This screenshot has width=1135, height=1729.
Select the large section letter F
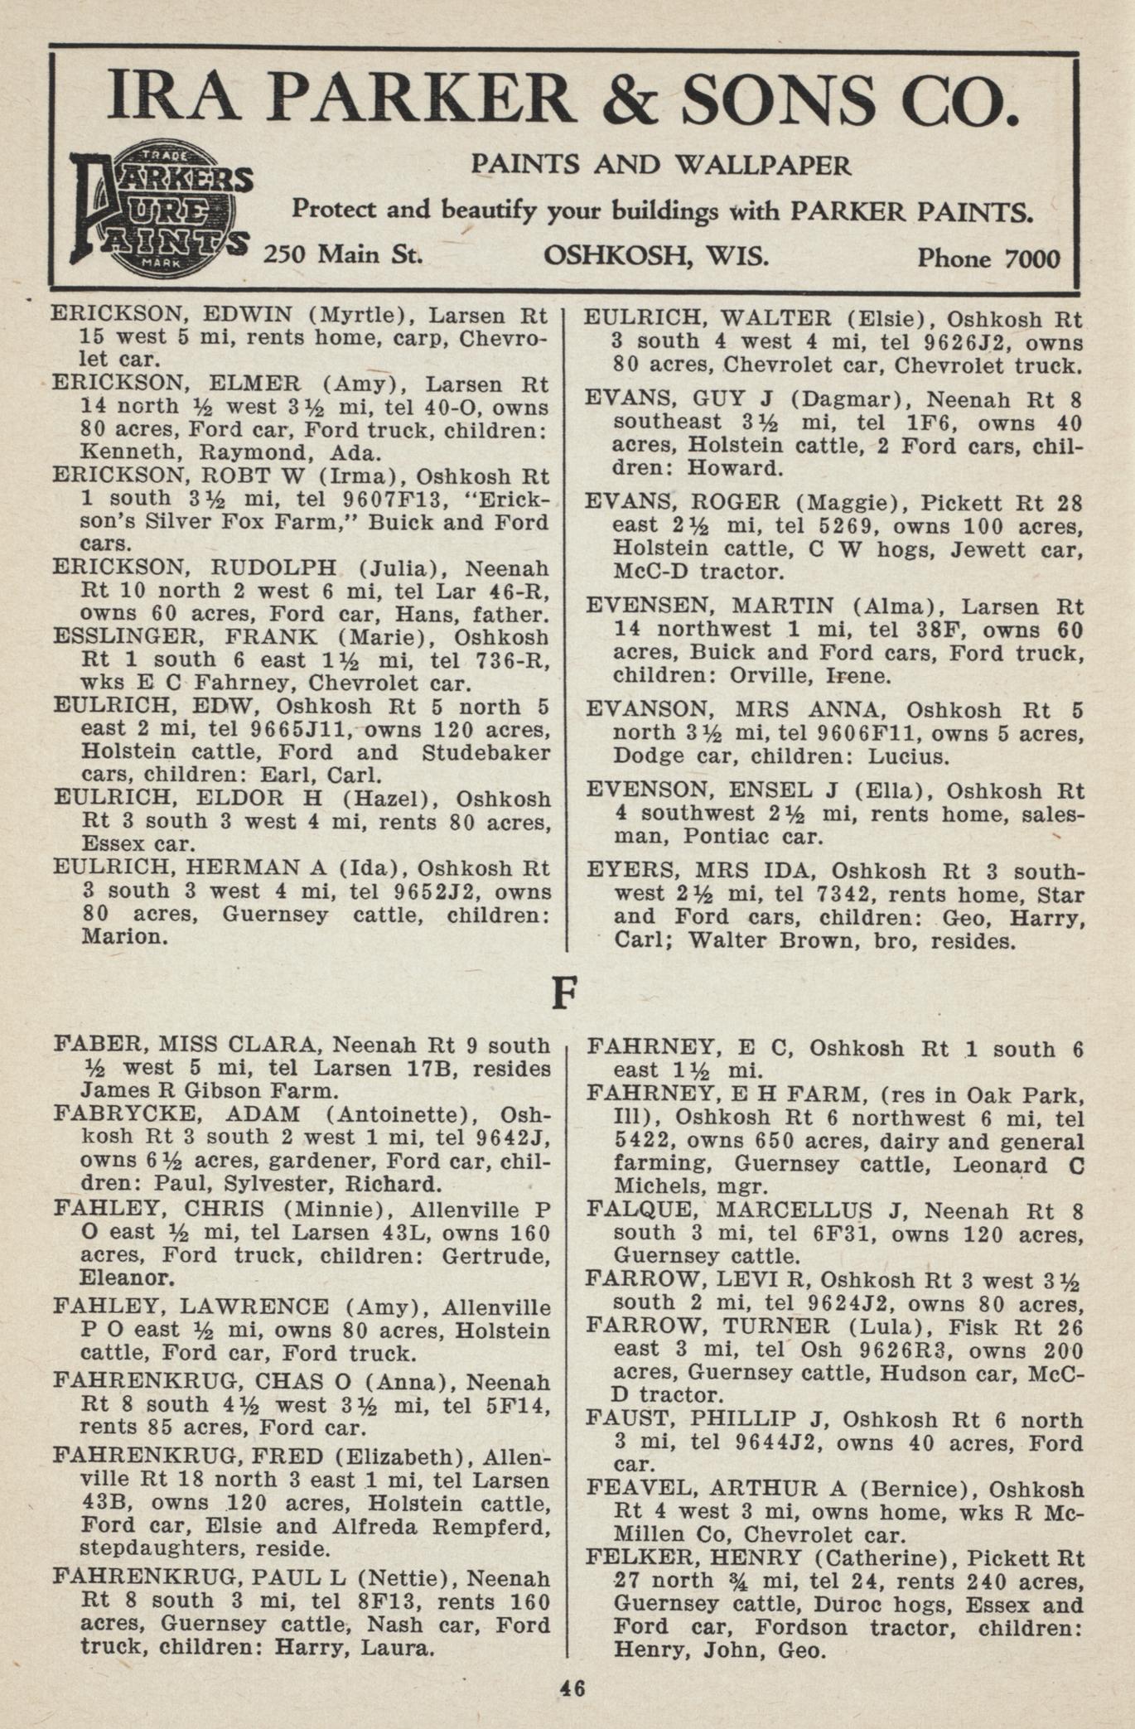pos(563,992)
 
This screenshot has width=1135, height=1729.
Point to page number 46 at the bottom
pos(572,1688)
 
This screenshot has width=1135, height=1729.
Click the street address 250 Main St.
pos(343,254)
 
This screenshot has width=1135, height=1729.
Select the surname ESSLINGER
pos(106,637)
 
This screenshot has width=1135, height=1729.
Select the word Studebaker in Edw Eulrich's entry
pos(485,753)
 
